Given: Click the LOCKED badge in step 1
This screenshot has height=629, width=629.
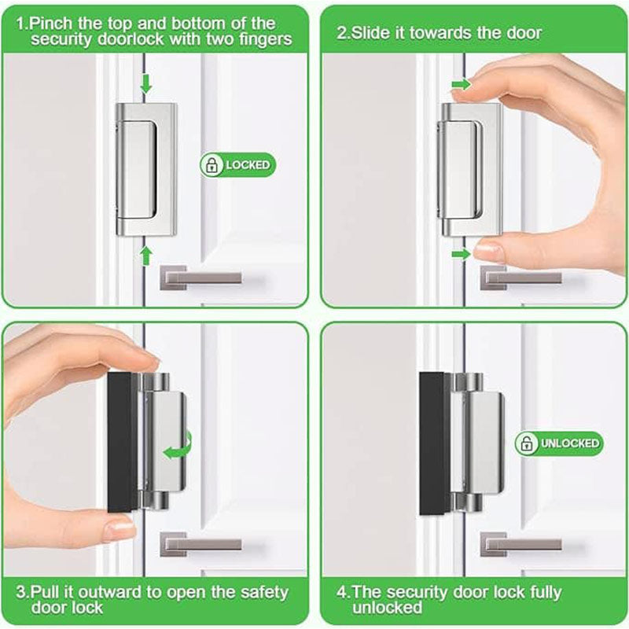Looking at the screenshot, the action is (238, 165).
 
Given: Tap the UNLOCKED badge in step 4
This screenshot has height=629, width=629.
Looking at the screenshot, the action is (559, 443).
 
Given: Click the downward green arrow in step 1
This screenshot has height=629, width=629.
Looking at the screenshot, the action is (146, 83).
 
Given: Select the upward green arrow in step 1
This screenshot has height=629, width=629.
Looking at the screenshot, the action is (146, 256).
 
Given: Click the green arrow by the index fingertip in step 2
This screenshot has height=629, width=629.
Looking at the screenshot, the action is (462, 85).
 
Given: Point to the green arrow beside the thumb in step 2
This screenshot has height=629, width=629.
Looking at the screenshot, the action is (461, 254).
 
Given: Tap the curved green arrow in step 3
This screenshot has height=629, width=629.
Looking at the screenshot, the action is (178, 446).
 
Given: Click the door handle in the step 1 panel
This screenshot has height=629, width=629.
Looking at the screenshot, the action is (200, 278).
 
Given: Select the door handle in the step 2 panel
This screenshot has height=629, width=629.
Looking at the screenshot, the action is (520, 278).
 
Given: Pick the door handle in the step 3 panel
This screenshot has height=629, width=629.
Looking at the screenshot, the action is (200, 544).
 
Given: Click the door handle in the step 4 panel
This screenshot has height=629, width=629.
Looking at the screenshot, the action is (520, 544).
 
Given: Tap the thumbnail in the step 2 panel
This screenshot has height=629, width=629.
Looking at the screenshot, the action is (488, 252).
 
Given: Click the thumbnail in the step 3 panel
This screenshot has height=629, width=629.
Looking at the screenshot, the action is (120, 528).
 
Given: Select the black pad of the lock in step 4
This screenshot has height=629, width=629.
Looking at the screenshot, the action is (435, 443).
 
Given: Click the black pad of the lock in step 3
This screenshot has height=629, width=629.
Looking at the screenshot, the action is (122, 443).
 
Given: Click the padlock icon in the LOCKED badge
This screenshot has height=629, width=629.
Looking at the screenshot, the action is (211, 165).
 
